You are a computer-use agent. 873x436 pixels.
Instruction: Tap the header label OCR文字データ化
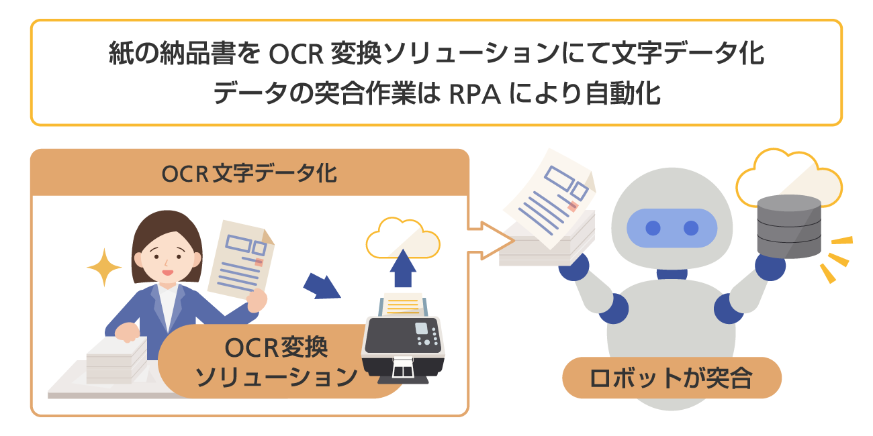(249, 174)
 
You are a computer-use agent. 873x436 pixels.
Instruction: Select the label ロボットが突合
(671, 378)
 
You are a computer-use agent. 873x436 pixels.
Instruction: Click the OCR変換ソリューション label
(276, 362)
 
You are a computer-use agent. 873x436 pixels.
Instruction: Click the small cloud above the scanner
(403, 237)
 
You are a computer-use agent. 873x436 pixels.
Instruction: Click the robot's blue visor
(672, 228)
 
